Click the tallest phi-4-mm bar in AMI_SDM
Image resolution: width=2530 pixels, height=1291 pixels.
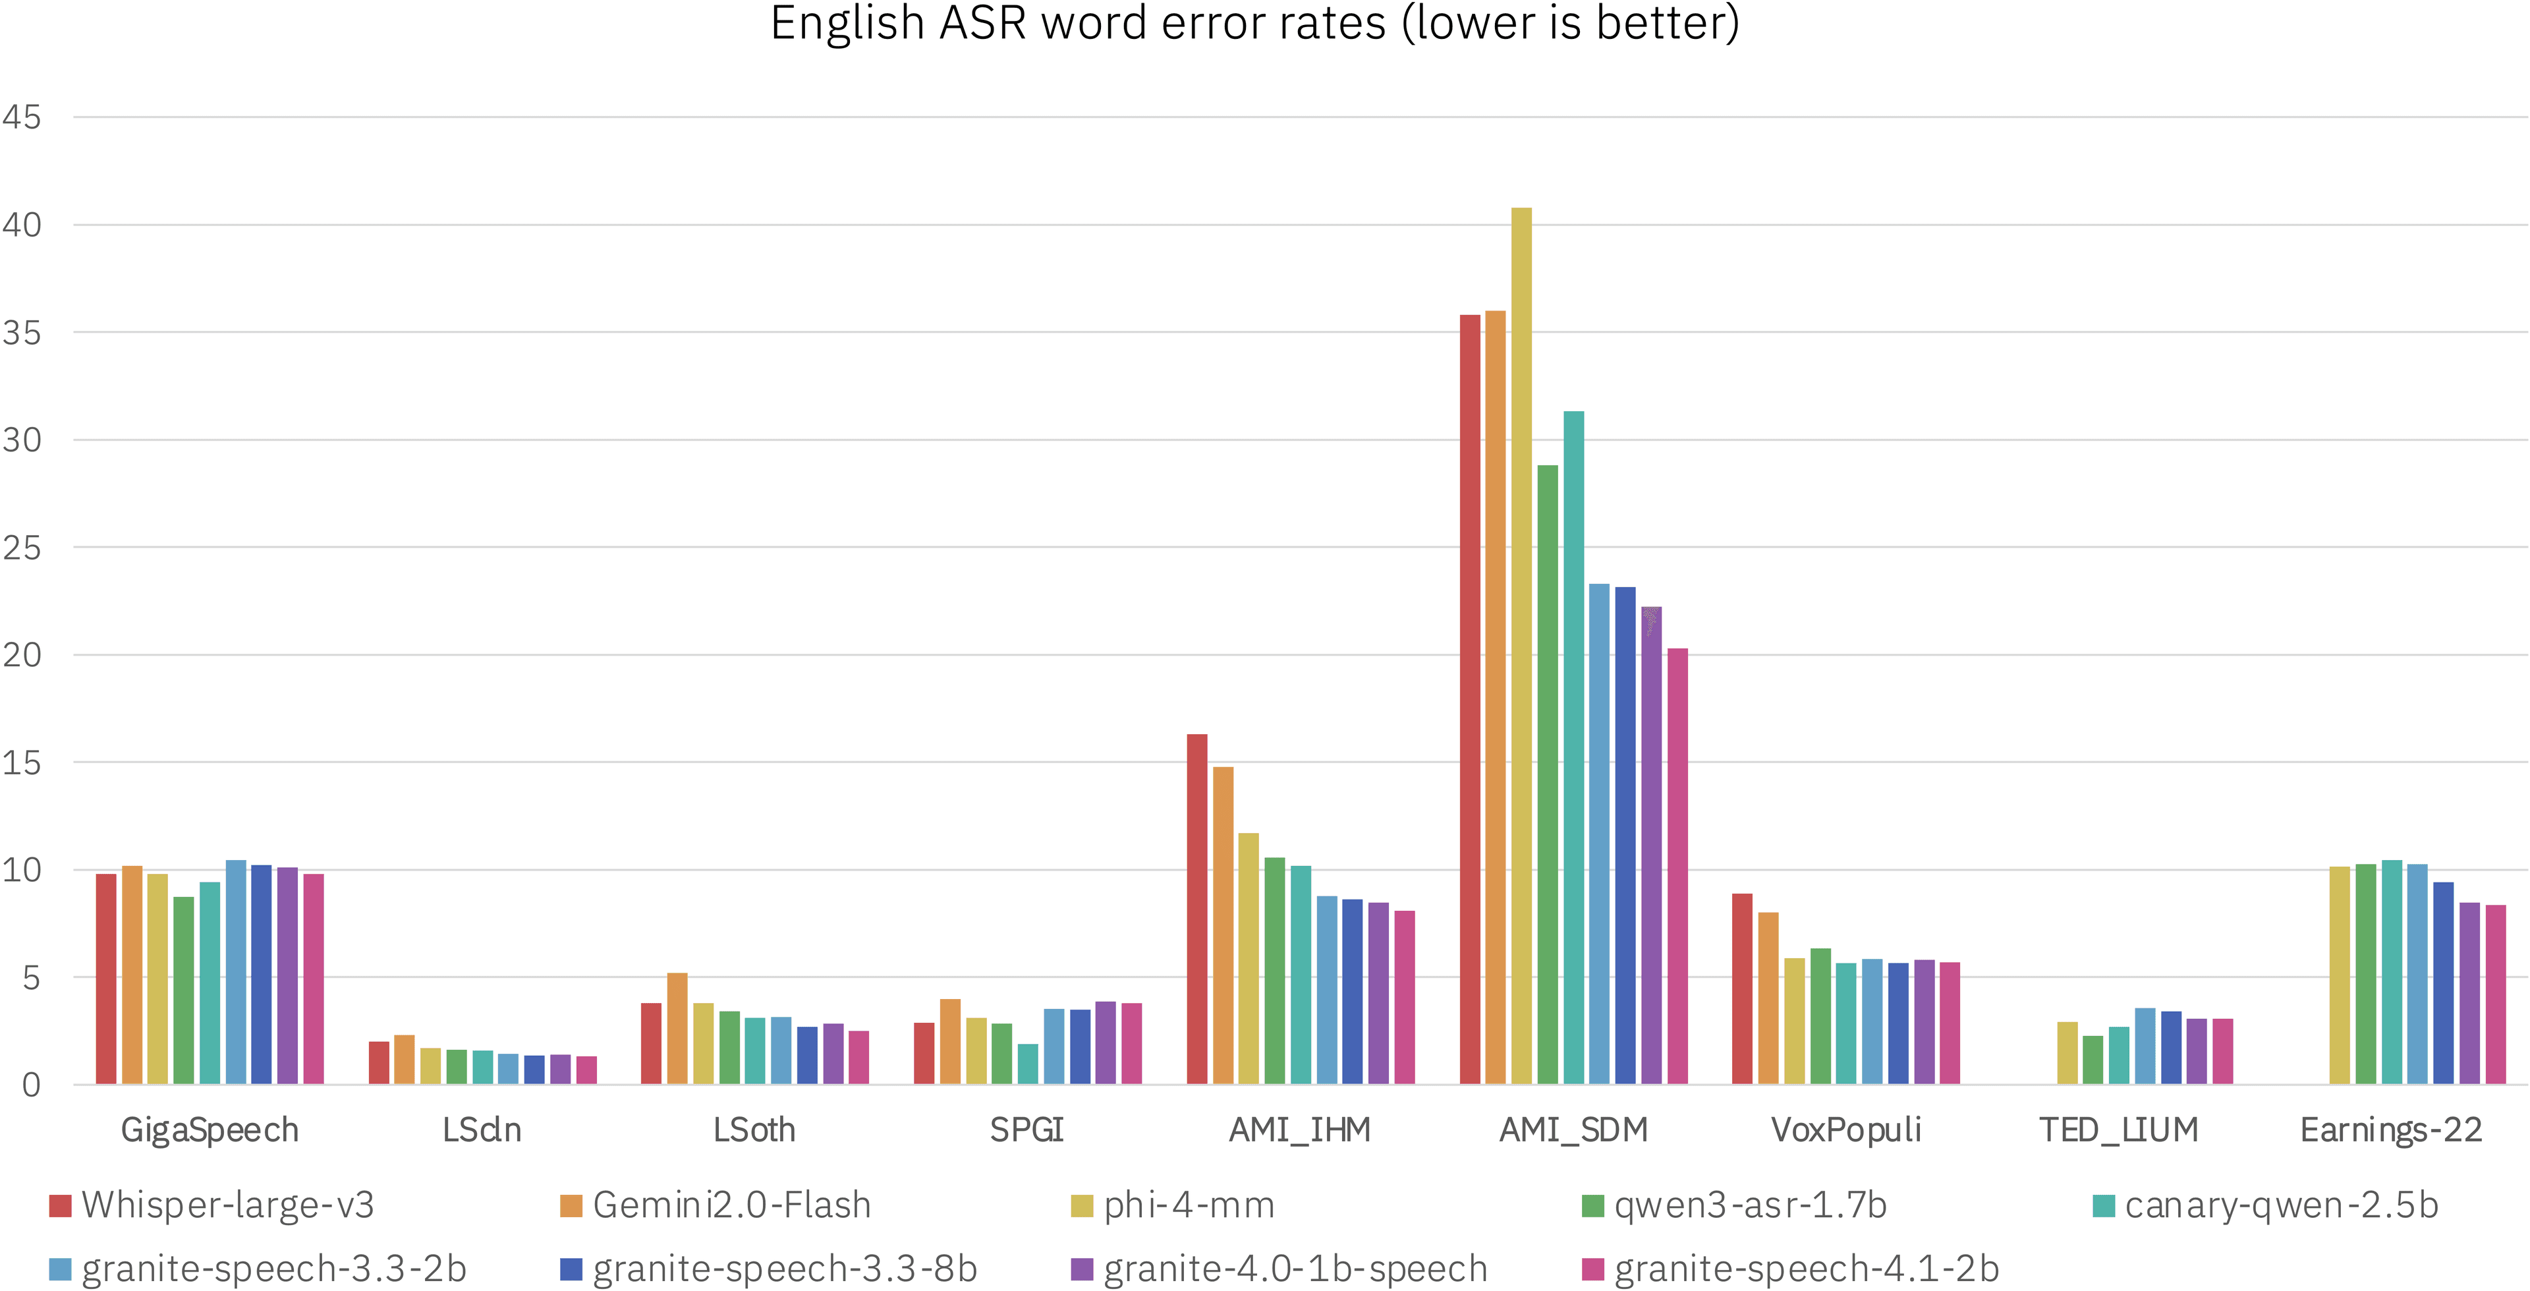coord(1521,646)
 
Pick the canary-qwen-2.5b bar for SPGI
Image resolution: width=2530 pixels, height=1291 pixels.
coord(1027,1064)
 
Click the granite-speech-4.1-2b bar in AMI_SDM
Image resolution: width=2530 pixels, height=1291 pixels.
coord(1677,867)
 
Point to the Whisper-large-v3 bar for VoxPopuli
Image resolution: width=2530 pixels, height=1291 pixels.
coord(1742,989)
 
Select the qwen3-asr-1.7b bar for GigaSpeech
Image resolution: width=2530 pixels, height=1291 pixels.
coord(184,990)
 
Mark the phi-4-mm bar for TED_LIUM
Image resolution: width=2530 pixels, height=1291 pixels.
coord(2067,1053)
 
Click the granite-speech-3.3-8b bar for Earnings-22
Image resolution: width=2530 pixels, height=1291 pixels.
coord(2442,983)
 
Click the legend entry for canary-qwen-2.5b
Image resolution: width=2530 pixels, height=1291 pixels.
coord(2266,1205)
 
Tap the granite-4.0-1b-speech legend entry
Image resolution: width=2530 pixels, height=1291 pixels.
coord(1279,1269)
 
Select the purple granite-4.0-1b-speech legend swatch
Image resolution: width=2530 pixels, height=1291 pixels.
coord(1081,1269)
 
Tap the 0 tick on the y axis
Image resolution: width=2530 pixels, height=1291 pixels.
coord(32,1085)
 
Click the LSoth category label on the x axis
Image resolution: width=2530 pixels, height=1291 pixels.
coord(754,1130)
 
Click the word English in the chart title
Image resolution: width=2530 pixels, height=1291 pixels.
coord(847,24)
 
